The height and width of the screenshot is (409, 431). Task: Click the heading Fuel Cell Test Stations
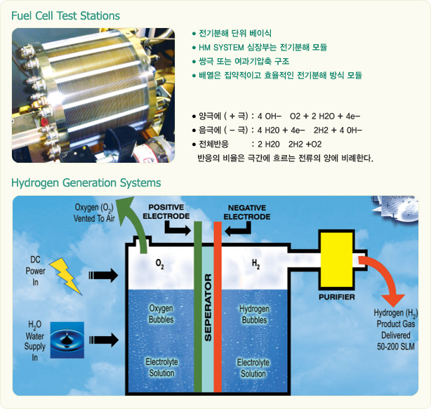click(66, 15)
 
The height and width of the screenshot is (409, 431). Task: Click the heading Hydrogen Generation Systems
click(86, 183)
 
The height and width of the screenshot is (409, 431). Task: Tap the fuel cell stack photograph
click(93, 95)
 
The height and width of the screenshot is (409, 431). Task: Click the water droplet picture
click(67, 339)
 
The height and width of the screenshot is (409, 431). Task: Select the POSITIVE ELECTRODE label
click(166, 213)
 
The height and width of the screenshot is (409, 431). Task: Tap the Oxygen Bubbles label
click(161, 314)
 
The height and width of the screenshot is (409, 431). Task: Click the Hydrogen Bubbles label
click(253, 314)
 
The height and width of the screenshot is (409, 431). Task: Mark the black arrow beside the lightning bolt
click(104, 274)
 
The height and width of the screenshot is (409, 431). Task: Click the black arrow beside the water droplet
click(104, 340)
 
